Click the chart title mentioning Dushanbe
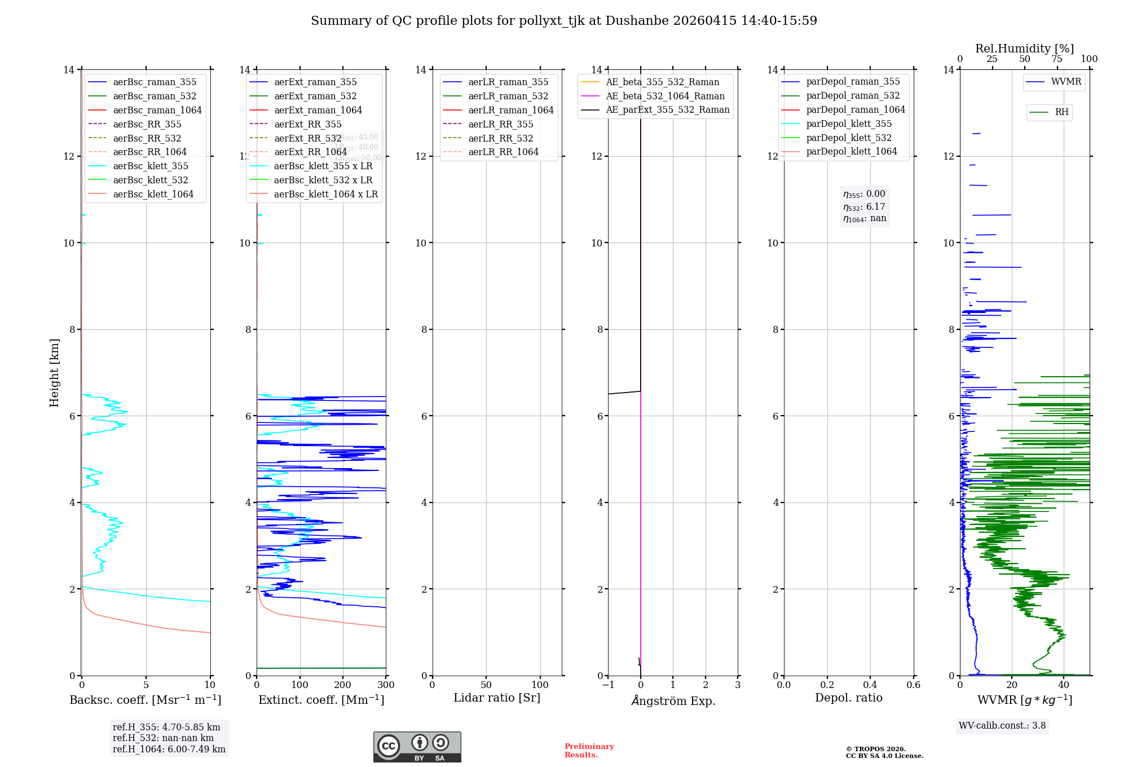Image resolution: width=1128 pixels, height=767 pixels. pyautogui.click(x=563, y=21)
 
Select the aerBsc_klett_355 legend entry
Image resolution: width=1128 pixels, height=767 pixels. pyautogui.click(x=150, y=166)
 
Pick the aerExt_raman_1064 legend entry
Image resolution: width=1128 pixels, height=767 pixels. pyautogui.click(x=318, y=110)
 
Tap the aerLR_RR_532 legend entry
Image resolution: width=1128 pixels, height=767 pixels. pyautogui.click(x=500, y=138)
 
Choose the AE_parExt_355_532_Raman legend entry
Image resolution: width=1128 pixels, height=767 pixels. pyautogui.click(x=667, y=109)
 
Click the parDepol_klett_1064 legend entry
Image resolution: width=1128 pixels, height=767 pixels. pyautogui.click(x=851, y=151)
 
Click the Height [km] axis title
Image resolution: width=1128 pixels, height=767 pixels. pyautogui.click(x=54, y=372)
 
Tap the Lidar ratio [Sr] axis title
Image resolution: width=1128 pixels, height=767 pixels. pyautogui.click(x=496, y=698)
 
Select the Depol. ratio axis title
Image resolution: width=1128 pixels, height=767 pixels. pyautogui.click(x=848, y=698)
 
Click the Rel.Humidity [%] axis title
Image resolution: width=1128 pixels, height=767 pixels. pyautogui.click(x=1024, y=49)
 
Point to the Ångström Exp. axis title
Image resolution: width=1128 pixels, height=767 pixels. pyautogui.click(x=673, y=700)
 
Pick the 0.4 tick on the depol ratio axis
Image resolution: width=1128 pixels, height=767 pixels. pyautogui.click(x=870, y=685)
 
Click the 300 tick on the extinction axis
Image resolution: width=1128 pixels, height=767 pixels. pyautogui.click(x=386, y=685)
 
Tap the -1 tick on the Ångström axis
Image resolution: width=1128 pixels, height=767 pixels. pyautogui.click(x=607, y=685)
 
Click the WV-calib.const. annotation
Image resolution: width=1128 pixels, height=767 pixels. pyautogui.click(x=1002, y=726)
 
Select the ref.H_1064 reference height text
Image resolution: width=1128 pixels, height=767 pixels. pyautogui.click(x=169, y=749)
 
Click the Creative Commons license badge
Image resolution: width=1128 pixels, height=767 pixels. pyautogui.click(x=417, y=747)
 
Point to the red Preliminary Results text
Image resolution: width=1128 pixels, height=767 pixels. pyautogui.click(x=589, y=751)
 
